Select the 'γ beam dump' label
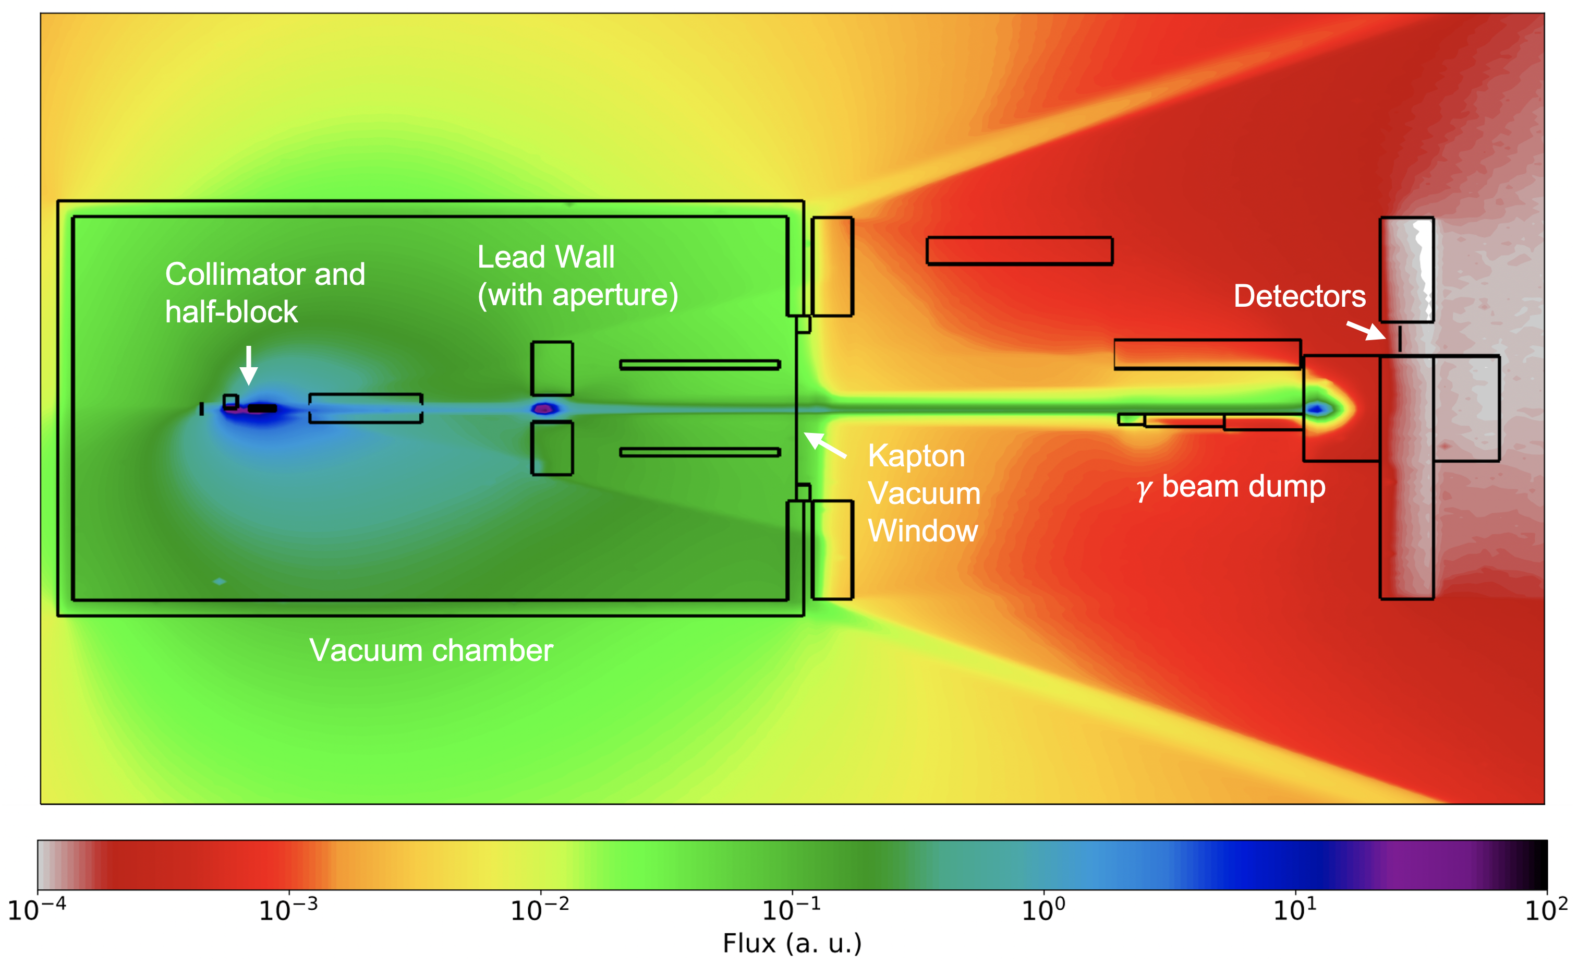tap(1231, 487)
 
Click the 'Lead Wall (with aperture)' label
tap(577, 276)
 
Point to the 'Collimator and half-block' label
tap(264, 293)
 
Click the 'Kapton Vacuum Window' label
tap(924, 493)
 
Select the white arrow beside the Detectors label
tap(1365, 331)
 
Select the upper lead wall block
tap(551, 368)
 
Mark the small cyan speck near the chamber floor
tap(220, 582)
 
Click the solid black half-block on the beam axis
tap(263, 408)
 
